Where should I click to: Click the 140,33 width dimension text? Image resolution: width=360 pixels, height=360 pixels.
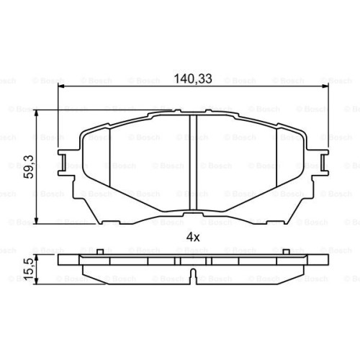pos(193,78)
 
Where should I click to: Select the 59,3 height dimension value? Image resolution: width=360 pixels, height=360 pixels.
pos(28,166)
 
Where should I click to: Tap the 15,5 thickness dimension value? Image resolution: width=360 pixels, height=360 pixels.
pos(29,269)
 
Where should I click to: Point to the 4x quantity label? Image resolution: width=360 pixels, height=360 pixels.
pos(193,238)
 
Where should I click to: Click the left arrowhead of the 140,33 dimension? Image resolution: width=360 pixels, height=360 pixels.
pos(61,86)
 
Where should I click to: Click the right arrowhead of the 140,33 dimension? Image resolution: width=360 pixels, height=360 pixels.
pos(325,86)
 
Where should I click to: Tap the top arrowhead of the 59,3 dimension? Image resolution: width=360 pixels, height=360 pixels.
pos(36,114)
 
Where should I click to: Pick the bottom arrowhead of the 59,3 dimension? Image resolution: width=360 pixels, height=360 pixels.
pos(36,220)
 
